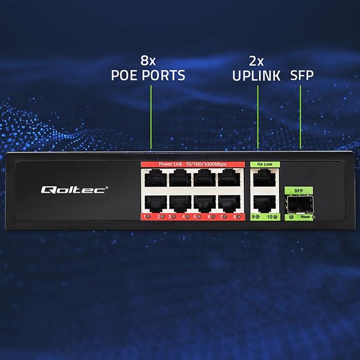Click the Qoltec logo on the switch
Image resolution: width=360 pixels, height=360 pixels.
pyautogui.click(x=74, y=190)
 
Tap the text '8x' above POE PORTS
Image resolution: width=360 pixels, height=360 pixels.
pyautogui.click(x=148, y=60)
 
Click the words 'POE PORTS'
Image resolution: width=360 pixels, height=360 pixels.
pyautogui.click(x=148, y=76)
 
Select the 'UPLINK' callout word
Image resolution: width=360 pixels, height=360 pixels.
pyautogui.click(x=256, y=76)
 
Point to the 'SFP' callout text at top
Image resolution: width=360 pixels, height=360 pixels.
pyautogui.click(x=302, y=76)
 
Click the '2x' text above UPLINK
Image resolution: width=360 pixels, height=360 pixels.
pyautogui.click(x=256, y=60)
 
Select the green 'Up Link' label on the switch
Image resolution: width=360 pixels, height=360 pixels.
pyautogui.click(x=264, y=165)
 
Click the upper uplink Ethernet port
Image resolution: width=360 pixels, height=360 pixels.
pyautogui.click(x=264, y=179)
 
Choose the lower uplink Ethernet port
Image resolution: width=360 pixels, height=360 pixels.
pyautogui.click(x=264, y=203)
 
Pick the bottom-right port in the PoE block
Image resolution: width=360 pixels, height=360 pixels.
pyautogui.click(x=228, y=203)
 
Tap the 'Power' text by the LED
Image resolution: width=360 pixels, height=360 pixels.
pyautogui.click(x=306, y=218)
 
